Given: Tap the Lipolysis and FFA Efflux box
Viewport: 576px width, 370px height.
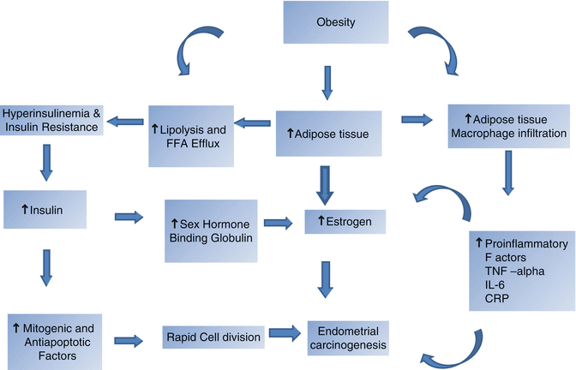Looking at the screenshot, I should tap(190, 130).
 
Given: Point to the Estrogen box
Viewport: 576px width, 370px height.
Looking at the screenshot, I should tap(346, 221).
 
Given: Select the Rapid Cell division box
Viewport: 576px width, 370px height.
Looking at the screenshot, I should tap(213, 337).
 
